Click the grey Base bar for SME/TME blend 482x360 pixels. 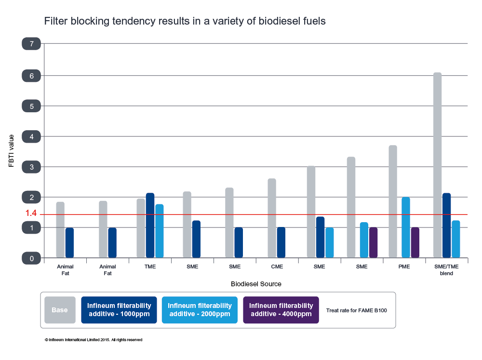pyautogui.click(x=437, y=165)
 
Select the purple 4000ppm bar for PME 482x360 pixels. pyautogui.click(x=415, y=242)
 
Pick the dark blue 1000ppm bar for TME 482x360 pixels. pyautogui.click(x=150, y=226)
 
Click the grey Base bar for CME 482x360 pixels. pyautogui.click(x=272, y=218)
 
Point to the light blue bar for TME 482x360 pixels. pyautogui.click(x=160, y=231)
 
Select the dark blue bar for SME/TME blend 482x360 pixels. pyautogui.click(x=446, y=226)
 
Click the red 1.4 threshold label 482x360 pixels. pyautogui.click(x=31, y=213)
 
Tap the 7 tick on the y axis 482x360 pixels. pyautogui.click(x=31, y=44)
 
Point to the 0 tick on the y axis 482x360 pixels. pyautogui.click(x=31, y=259)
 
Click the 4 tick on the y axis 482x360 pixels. pyautogui.click(x=31, y=137)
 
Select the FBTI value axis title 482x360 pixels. pyautogui.click(x=12, y=151)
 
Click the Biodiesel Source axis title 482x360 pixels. pyautogui.click(x=256, y=284)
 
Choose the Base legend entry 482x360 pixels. pyautogui.click(x=60, y=310)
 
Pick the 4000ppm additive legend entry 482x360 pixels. pyautogui.click(x=281, y=310)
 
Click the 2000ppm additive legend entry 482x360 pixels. pyautogui.click(x=200, y=310)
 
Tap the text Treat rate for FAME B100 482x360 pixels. pyautogui.click(x=356, y=310)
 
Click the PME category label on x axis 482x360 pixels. pyautogui.click(x=404, y=266)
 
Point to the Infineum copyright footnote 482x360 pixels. pyautogui.click(x=93, y=340)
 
